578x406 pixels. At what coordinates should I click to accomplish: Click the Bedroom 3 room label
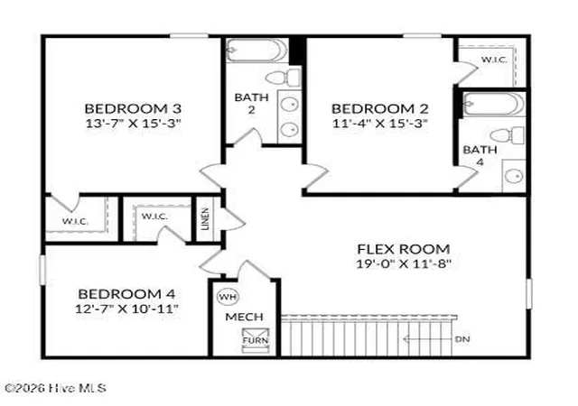pyautogui.click(x=133, y=108)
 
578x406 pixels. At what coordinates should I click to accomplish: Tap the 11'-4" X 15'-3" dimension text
pyautogui.click(x=379, y=123)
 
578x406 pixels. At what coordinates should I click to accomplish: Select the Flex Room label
pyautogui.click(x=404, y=249)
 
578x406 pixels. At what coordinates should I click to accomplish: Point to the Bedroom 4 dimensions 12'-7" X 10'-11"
pyautogui.click(x=126, y=309)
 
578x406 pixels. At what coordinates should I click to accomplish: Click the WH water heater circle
pyautogui.click(x=228, y=297)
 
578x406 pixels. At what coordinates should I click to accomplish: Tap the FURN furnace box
pyautogui.click(x=255, y=340)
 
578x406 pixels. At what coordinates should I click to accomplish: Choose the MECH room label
pyautogui.click(x=244, y=317)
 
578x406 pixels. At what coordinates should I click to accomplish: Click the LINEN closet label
pyautogui.click(x=205, y=219)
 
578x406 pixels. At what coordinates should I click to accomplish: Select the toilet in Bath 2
pyautogui.click(x=283, y=78)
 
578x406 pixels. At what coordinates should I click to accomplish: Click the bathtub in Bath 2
pyautogui.click(x=256, y=51)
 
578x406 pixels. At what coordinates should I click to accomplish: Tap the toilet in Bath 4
pyautogui.click(x=508, y=135)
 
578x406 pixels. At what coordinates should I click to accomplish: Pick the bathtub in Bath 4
pyautogui.click(x=494, y=105)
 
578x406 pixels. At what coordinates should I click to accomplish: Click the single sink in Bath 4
pyautogui.click(x=514, y=176)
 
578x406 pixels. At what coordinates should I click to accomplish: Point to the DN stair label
pyautogui.click(x=462, y=339)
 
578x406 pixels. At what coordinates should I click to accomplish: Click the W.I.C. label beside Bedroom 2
pyautogui.click(x=494, y=60)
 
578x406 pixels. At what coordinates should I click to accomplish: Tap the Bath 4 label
pyautogui.click(x=480, y=156)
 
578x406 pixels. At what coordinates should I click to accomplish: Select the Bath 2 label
pyautogui.click(x=251, y=104)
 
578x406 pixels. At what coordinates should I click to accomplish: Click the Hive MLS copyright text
pyautogui.click(x=55, y=388)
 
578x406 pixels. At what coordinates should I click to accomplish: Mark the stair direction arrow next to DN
pyautogui.click(x=427, y=339)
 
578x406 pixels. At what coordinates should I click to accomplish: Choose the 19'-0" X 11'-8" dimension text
pyautogui.click(x=404, y=263)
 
